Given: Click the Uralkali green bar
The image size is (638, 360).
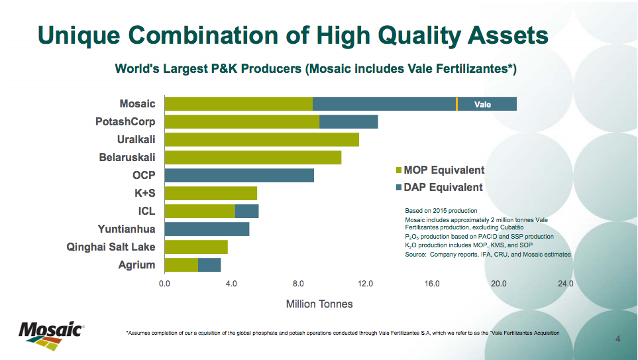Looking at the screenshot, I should (262, 139).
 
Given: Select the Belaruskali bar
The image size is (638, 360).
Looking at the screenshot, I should (252, 157).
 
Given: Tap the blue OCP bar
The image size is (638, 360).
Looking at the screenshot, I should (239, 175).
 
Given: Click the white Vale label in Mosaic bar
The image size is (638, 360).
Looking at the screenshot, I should (483, 104).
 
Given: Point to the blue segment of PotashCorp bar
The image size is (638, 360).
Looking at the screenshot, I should (348, 121).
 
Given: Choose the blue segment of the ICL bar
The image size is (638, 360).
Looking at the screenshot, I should (246, 211).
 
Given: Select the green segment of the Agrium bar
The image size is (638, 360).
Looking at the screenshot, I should (181, 265).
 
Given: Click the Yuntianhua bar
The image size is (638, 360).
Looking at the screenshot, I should (207, 229).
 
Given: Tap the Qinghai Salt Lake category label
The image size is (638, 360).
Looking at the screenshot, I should (111, 247).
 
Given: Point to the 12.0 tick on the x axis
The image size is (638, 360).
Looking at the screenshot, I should (365, 284).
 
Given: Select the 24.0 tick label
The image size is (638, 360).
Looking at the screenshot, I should (565, 284).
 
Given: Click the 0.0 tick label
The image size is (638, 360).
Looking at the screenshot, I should (164, 284).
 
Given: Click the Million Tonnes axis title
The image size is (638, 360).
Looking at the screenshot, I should (319, 304).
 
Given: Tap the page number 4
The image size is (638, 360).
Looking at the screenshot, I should (617, 339).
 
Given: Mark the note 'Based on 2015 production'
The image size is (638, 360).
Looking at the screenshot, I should (441, 211).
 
